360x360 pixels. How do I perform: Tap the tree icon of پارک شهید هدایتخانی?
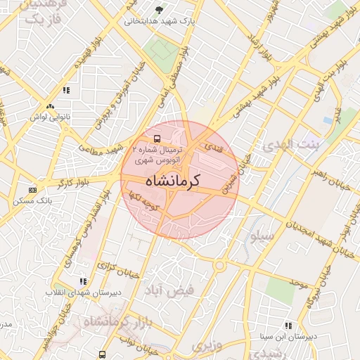tap(160, 10)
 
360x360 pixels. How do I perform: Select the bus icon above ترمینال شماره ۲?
tap(157, 139)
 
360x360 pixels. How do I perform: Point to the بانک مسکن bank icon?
tap(33, 190)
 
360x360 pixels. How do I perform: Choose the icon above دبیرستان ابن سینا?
tap(288, 326)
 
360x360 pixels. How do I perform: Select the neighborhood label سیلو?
tap(259, 236)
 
